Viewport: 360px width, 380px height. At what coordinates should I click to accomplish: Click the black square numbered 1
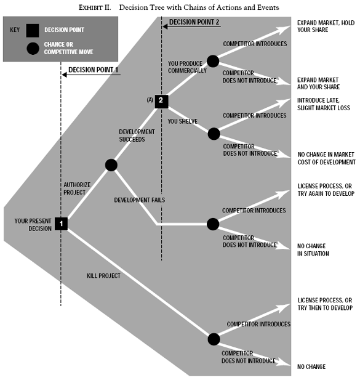(x=61, y=224)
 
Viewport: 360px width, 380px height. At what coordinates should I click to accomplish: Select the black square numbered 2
(x=161, y=100)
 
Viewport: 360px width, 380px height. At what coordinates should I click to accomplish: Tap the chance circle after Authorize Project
(x=111, y=164)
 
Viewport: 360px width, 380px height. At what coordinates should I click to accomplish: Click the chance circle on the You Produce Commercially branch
(x=213, y=61)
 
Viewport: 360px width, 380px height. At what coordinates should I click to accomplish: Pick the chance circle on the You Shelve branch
(x=213, y=133)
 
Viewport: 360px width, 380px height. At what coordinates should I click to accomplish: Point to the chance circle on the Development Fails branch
(x=213, y=224)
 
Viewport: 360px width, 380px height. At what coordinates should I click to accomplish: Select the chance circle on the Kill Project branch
(x=213, y=339)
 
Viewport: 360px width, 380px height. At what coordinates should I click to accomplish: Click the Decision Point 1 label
(x=93, y=70)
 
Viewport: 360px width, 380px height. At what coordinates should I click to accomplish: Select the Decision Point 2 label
(x=193, y=22)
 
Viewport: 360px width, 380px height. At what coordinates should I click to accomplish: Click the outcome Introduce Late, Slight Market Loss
(x=323, y=103)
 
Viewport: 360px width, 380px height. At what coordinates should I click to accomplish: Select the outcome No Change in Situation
(x=313, y=249)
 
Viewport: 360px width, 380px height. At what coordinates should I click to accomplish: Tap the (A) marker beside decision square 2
(x=148, y=99)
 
